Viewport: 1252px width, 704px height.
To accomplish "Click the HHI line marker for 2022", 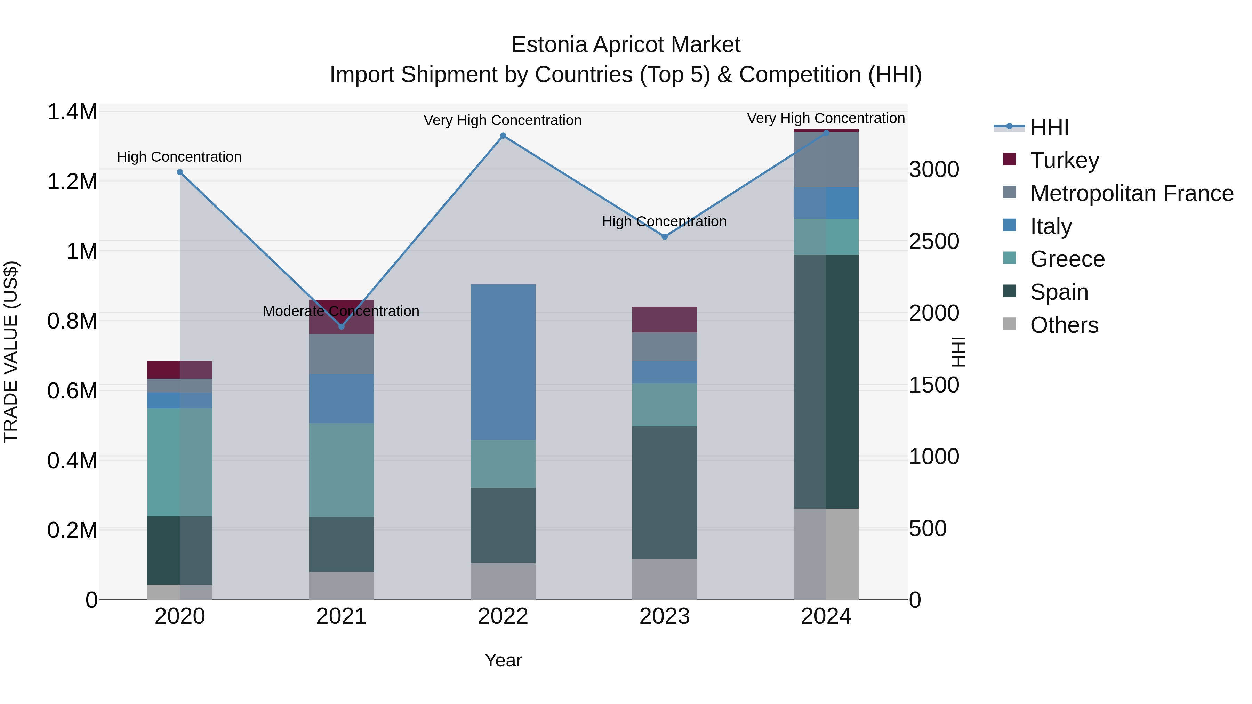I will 503,136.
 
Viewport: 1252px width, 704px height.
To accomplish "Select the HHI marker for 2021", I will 341,326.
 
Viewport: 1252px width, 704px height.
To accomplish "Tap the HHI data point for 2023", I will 664,237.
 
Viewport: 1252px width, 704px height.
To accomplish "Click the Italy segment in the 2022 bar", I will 503,362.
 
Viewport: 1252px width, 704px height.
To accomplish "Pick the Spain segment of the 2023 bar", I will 664,492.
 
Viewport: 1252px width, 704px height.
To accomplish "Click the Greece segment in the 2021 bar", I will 341,470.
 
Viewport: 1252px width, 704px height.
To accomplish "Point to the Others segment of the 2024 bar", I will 826,554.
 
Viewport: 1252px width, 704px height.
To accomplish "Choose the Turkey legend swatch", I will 1010,159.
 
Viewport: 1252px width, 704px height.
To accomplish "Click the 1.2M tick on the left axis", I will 72,182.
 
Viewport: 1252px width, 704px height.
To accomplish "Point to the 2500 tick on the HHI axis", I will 934,242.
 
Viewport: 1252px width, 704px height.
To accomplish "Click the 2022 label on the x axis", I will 503,616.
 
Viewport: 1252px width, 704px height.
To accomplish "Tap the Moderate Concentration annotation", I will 341,311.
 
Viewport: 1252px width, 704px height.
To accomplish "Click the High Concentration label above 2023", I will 664,221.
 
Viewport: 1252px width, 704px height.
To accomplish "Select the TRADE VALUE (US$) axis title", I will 11,352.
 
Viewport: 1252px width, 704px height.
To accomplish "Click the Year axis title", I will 503,660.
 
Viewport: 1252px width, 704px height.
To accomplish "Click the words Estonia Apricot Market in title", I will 626,45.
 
